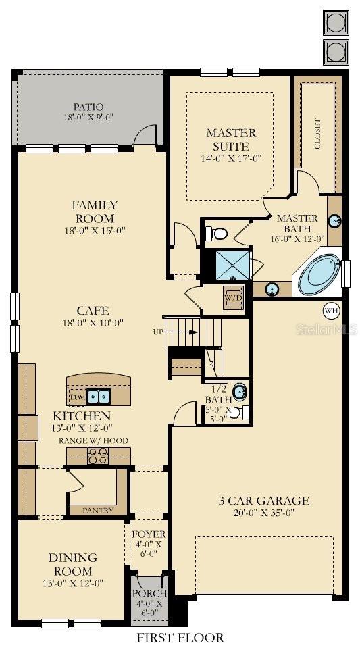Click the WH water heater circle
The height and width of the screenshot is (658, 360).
331,310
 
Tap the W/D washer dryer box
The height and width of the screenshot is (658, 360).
233,297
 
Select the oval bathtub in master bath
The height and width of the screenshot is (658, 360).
319,274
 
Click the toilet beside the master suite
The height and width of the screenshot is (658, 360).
218,234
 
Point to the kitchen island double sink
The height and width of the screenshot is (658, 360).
98,396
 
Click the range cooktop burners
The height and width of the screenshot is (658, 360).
99,456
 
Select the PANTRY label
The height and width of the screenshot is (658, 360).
98,511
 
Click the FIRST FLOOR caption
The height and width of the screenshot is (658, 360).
180,637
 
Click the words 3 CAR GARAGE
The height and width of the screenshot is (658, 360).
263,501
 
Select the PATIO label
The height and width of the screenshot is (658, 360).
88,107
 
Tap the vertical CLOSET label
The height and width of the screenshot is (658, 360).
317,134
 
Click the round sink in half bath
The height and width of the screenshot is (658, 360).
240,391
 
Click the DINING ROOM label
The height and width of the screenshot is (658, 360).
72,564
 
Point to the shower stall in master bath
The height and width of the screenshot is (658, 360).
231,265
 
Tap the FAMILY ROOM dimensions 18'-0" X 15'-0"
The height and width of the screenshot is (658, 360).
94,231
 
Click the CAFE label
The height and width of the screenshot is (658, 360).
93,311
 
